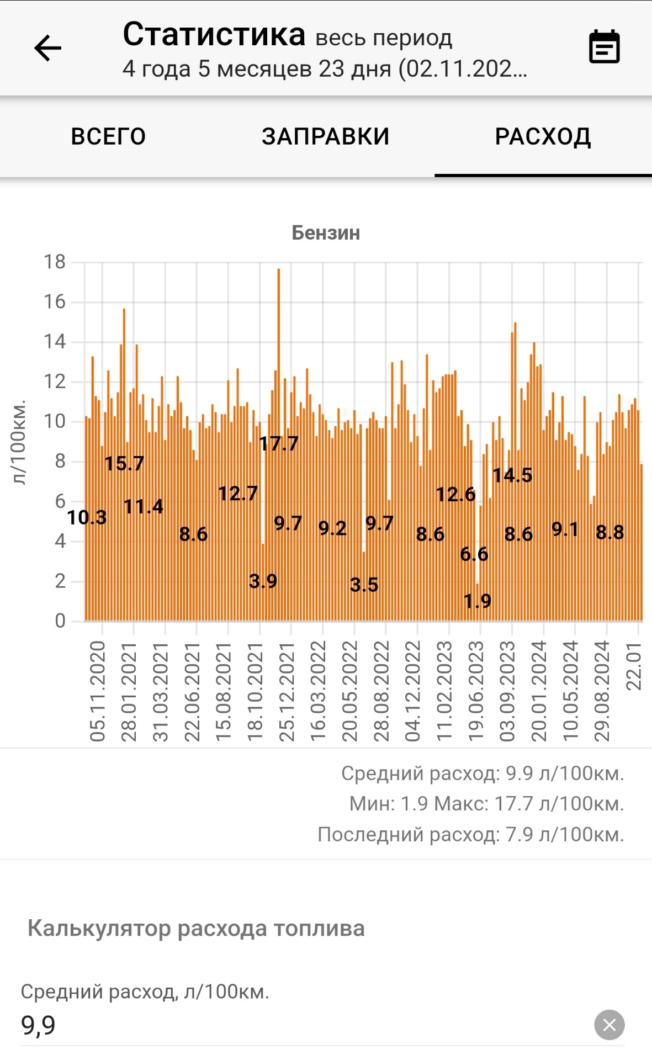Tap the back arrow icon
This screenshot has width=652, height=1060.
coord(48,49)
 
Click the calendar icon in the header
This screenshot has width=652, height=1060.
coord(604,47)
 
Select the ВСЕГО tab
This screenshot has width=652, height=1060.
coord(108,136)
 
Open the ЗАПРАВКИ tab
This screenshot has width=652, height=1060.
coord(325,136)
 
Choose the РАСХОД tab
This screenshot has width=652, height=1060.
coord(543,136)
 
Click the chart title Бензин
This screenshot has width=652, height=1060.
coord(326,233)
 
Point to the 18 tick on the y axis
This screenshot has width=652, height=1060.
coord(55,262)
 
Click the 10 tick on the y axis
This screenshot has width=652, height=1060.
coord(55,421)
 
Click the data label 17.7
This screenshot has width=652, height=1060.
coord(279,443)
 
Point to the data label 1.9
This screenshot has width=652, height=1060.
coord(478,601)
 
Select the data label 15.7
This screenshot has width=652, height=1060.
coord(124,463)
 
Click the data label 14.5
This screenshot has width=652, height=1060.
coord(512,475)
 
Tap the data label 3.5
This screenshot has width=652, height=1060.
coord(364,585)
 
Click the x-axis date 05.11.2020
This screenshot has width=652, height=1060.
coord(97,691)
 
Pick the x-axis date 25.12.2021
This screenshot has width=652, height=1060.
coord(287,691)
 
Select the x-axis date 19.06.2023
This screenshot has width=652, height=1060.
coord(476,691)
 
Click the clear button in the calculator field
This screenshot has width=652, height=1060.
coord(609,1025)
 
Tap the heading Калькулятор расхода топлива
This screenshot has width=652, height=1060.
coord(196,928)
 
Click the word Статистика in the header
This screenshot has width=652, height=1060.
coord(214,34)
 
